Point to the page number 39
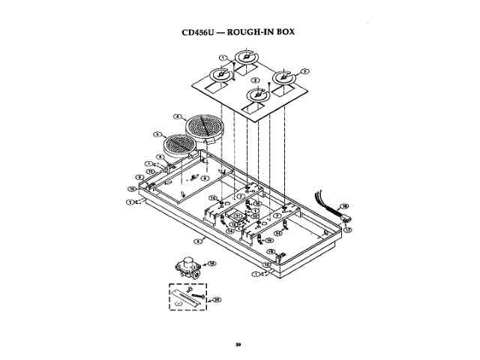[x=238, y=344]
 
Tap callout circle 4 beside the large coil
[x=177, y=116]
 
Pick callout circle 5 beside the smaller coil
[x=156, y=134]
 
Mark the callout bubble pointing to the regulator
[x=211, y=264]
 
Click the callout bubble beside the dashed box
[x=217, y=298]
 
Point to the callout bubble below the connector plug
[x=347, y=229]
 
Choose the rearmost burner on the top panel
[x=247, y=57]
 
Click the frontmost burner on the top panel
[x=259, y=95]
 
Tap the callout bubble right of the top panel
[x=305, y=70]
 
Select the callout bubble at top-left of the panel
[x=223, y=58]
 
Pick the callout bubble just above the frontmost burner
[x=256, y=80]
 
